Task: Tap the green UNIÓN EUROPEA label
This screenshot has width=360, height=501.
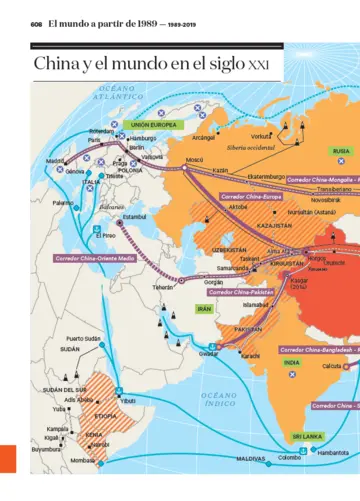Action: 153,125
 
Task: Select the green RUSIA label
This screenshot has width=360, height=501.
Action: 341,151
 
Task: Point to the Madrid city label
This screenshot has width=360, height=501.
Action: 55,160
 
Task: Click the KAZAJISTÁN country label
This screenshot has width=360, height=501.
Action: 275,226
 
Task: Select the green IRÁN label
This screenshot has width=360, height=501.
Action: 204,310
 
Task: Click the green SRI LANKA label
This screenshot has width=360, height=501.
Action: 306,437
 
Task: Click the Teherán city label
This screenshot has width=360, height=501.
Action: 163,287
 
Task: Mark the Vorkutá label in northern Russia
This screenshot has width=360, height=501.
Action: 262,135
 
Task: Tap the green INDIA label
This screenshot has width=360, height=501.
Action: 293,362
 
